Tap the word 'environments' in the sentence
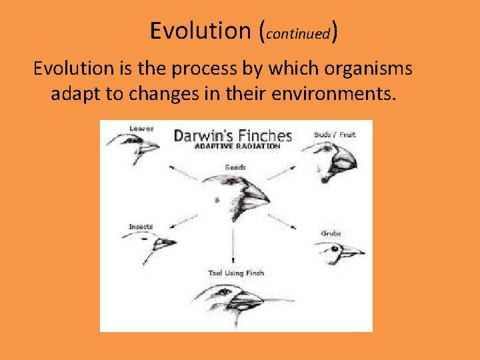333,93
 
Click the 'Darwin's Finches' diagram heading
233,136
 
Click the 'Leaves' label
142,128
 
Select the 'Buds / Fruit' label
335,135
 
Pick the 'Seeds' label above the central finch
235,167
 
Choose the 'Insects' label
141,227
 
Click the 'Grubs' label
331,233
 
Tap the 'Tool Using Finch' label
236,273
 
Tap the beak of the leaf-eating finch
149,144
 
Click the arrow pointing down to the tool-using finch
233,247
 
